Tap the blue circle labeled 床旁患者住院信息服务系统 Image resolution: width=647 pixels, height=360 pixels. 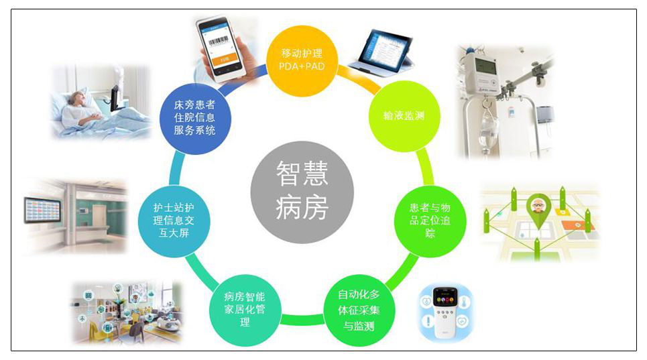click(194, 118)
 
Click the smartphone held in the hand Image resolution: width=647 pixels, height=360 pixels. click(221, 46)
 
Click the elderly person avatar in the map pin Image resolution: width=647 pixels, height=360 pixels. click(536, 204)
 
